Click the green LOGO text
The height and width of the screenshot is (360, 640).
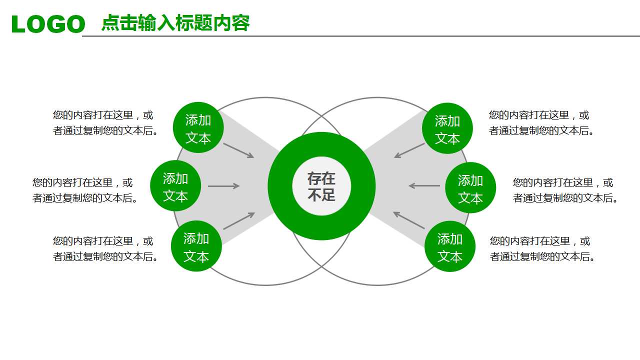tap(48, 24)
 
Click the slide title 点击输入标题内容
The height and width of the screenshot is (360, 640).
tap(175, 23)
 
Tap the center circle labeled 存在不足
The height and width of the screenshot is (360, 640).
tap(321, 186)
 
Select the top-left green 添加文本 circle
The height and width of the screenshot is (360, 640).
tap(198, 128)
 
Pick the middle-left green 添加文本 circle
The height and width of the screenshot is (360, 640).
tap(175, 186)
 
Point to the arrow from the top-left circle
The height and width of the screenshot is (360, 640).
tap(238, 150)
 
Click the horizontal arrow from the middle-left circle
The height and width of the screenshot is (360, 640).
tap(223, 186)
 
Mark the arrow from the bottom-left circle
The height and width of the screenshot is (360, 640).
tap(239, 221)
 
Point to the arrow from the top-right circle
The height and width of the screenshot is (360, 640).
tap(409, 150)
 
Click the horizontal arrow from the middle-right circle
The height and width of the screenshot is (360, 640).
tap(424, 186)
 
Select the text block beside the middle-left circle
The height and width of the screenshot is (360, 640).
tap(85, 190)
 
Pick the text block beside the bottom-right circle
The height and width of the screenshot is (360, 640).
tap(542, 249)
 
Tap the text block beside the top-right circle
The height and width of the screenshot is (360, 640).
tap(541, 123)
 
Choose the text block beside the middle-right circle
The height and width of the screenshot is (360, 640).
tap(565, 190)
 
